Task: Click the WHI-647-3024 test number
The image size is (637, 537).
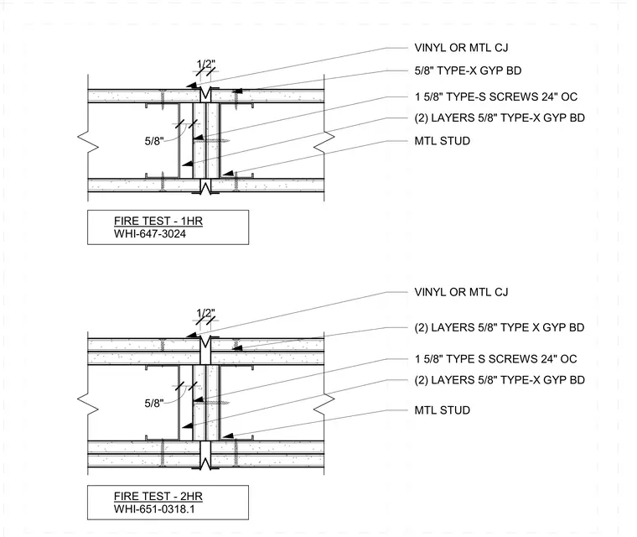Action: coord(150,234)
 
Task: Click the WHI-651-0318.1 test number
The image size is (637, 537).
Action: coord(154,509)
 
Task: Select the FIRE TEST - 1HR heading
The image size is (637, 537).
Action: coord(158,221)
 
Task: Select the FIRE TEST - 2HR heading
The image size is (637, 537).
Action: coord(158,497)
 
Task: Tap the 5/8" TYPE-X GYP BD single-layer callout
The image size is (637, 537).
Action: coord(468,70)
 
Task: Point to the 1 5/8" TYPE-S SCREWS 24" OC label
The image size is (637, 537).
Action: coord(496,96)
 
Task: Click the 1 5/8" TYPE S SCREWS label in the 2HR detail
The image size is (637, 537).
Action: coord(495,359)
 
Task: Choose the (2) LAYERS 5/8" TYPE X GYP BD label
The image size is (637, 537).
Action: coord(500,327)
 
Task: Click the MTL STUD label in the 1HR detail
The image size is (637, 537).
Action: coord(443,141)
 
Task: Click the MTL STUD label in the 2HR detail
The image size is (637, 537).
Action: coord(443,410)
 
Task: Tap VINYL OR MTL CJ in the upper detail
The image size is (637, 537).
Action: coord(461,48)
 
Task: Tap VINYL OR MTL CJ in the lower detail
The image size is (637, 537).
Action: coord(461,292)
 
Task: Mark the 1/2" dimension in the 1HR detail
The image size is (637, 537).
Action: coord(206,64)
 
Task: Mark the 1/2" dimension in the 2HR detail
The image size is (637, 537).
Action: coord(206,313)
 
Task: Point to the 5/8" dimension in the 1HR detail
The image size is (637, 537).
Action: coord(154,141)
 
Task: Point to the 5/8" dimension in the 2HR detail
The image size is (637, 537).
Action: coord(154,403)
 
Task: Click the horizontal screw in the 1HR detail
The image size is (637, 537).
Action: coord(212,141)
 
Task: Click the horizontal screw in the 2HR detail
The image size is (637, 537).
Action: coord(212,403)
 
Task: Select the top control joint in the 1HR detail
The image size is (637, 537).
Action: coord(206,94)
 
